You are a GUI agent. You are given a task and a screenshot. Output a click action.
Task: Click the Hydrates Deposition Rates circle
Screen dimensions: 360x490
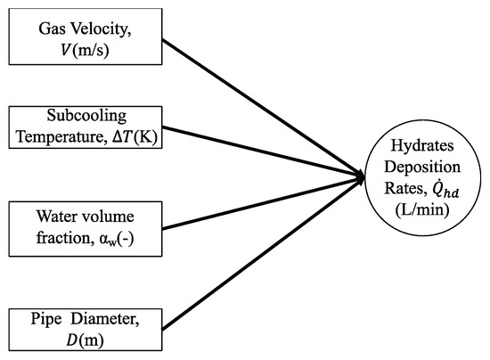point(425,179)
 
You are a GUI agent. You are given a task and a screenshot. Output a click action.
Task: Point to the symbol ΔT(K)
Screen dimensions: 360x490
point(129,140)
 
